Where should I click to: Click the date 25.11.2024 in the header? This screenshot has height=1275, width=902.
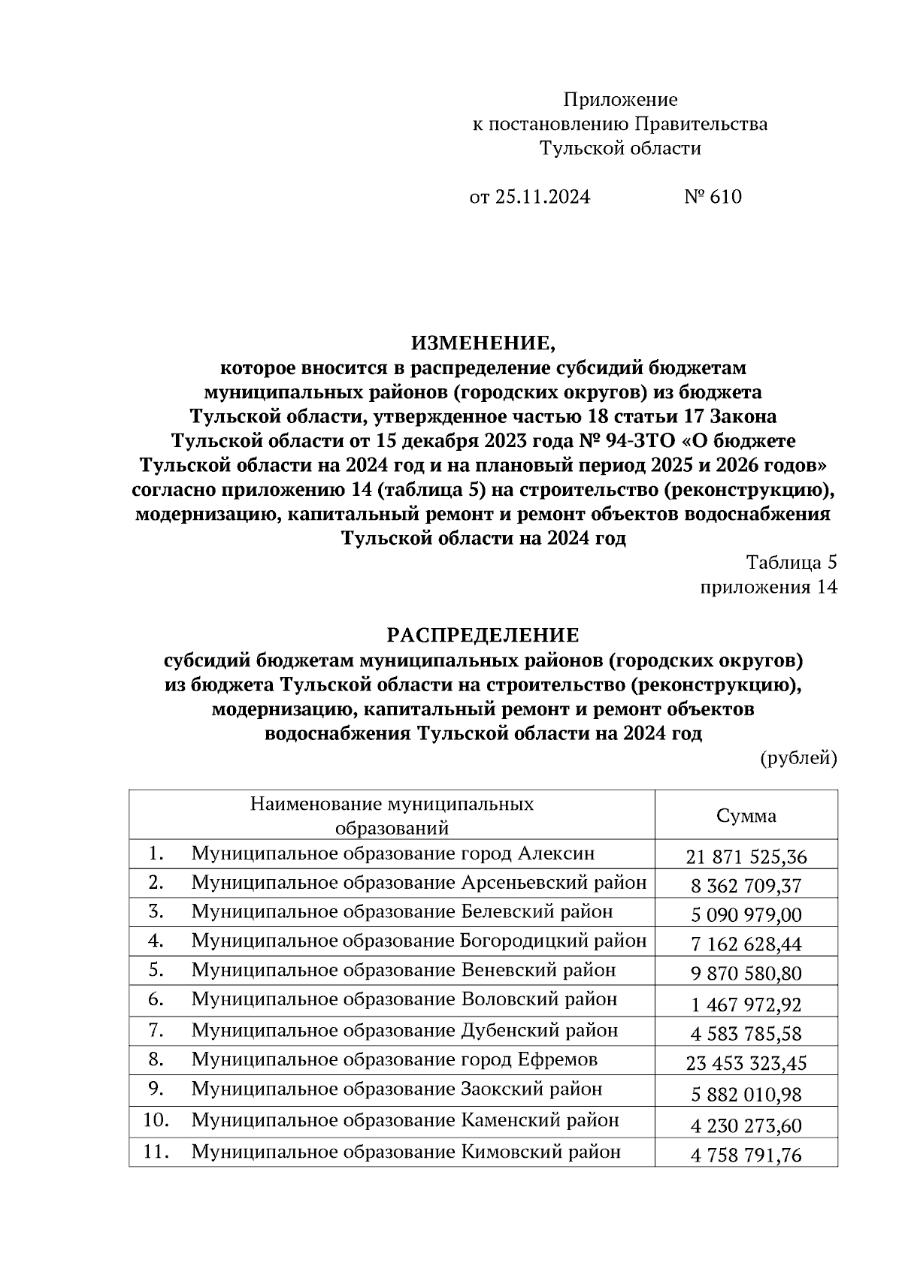click(542, 198)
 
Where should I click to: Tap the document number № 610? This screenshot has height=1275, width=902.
click(713, 198)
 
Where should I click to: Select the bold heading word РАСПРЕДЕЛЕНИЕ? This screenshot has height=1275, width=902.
click(483, 636)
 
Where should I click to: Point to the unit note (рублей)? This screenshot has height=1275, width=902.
click(798, 758)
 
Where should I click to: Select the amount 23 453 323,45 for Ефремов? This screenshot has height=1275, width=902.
click(746, 1064)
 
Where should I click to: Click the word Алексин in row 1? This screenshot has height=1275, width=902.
click(556, 854)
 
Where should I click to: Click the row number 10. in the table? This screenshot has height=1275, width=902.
click(156, 1120)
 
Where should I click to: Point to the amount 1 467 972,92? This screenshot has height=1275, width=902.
click(746, 1005)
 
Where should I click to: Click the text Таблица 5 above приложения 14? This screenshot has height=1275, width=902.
click(791, 563)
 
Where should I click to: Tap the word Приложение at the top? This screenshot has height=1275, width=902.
click(620, 100)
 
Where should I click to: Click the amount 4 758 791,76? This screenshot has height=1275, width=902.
click(746, 1155)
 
